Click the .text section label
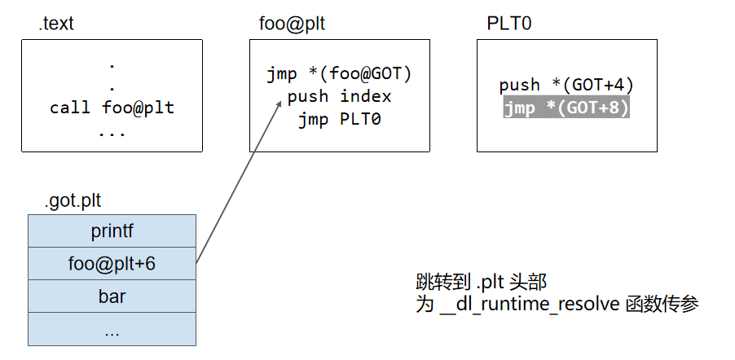coord(56,24)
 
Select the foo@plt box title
coord(287,24)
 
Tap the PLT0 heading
coord(509,24)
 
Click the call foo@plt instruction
coord(112,108)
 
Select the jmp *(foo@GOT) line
coord(339,74)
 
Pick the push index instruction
coord(339,96)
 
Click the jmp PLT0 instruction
coord(339,119)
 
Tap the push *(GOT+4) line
coord(566,85)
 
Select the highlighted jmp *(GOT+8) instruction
coord(566,108)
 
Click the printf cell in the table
coord(112,231)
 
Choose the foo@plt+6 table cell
coord(112,264)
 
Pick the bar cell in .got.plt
coord(112,296)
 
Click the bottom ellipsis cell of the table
coord(112,329)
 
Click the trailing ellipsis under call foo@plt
coord(112,130)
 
